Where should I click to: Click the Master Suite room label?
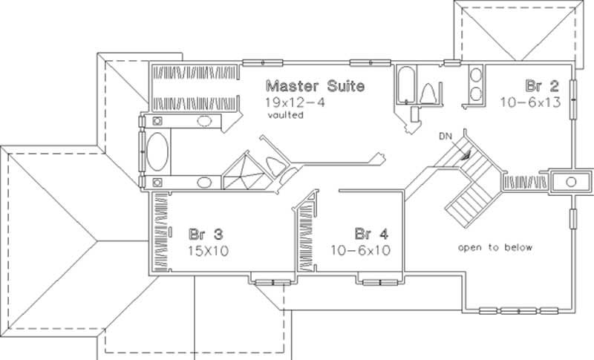coord(315,86)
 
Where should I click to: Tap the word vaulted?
coord(284,114)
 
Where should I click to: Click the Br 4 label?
coord(369,231)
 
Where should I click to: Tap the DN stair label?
coord(444,136)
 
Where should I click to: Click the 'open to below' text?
coord(495,247)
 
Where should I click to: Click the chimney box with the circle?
coord(569,180)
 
